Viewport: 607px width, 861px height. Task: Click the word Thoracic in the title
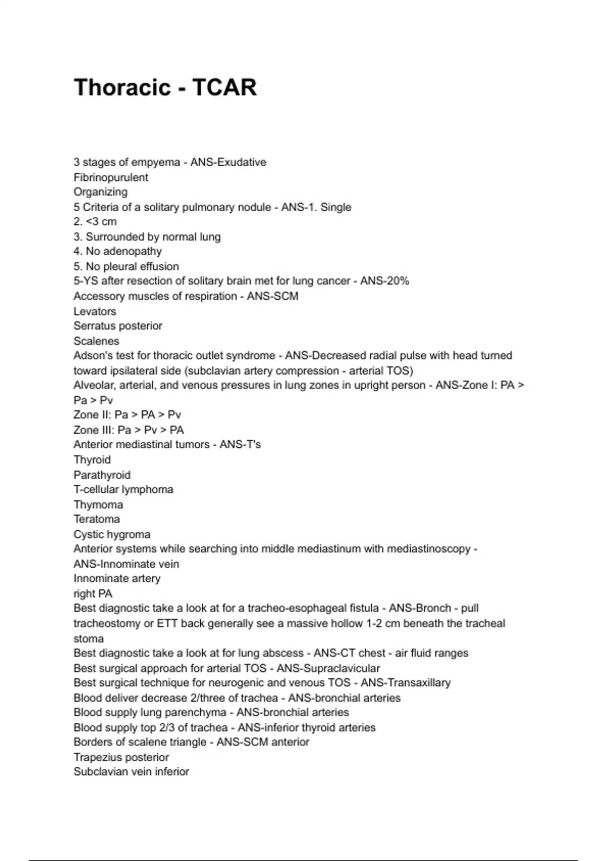(122, 88)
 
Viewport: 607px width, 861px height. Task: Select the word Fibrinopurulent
(111, 177)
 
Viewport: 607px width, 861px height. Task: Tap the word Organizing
(100, 192)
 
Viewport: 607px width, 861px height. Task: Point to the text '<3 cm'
(102, 221)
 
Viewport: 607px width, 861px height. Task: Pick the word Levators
(95, 311)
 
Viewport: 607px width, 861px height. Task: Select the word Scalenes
(96, 341)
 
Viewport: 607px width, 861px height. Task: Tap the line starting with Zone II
(127, 415)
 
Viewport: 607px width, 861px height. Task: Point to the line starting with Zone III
(128, 430)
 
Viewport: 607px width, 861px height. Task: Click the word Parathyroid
(102, 475)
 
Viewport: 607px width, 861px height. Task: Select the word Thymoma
(98, 504)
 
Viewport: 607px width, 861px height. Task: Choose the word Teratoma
(97, 519)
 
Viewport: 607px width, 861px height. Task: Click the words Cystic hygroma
(112, 534)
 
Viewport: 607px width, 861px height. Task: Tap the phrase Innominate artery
(117, 578)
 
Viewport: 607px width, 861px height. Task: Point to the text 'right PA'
(93, 594)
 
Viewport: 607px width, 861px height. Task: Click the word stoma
(89, 638)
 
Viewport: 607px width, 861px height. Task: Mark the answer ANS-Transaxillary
(405, 683)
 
